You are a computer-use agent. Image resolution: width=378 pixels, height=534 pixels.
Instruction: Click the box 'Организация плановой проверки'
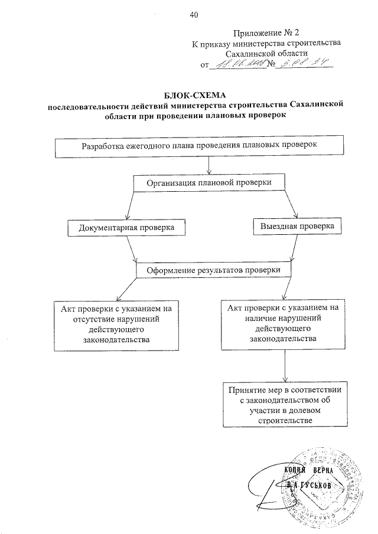coord(209,183)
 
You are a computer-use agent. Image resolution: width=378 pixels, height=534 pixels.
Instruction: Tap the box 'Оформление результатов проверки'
coord(214,270)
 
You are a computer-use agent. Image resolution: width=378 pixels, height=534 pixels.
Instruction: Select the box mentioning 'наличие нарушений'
coord(285,323)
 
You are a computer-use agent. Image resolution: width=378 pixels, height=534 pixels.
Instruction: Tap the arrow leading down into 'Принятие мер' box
coord(285,365)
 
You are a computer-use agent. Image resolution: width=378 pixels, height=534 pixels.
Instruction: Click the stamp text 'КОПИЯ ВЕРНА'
coord(309,471)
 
